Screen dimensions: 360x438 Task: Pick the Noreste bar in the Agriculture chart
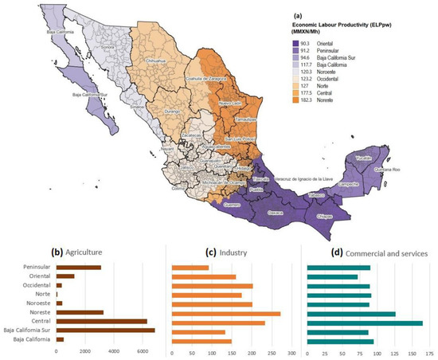click(x=80, y=313)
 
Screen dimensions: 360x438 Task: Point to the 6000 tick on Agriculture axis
click(x=142, y=350)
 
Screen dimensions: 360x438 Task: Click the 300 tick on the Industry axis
click(x=291, y=351)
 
